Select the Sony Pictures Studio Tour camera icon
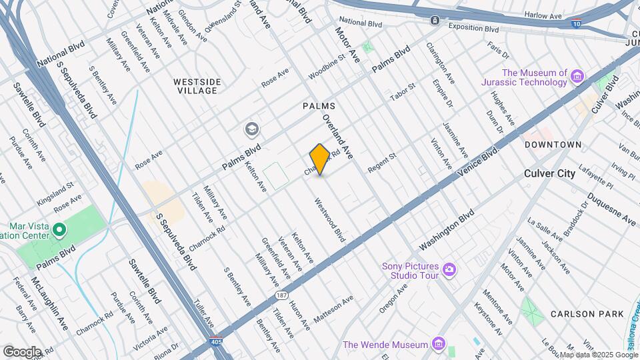[x=449, y=269]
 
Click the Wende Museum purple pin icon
[x=437, y=345]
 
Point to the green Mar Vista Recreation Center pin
[x=59, y=231]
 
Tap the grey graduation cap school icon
[x=252, y=128]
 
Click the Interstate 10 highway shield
[x=575, y=23]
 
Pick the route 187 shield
[x=281, y=293]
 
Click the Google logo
[x=22, y=351]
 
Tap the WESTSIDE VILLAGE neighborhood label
[x=197, y=86]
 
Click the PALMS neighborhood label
[x=319, y=106]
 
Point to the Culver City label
[x=550, y=173]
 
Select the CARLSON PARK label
[x=587, y=313]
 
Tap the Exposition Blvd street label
[x=473, y=28]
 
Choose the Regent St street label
[x=382, y=163]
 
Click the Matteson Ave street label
[x=333, y=311]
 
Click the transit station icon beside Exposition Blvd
[x=435, y=21]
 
